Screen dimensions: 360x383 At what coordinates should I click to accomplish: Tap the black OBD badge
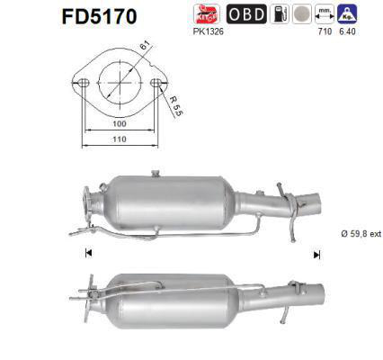[246, 13]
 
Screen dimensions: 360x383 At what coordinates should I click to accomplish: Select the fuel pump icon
[281, 13]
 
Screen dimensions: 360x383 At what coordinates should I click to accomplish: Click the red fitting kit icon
[207, 13]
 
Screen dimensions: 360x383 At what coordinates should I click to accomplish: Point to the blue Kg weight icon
[346, 13]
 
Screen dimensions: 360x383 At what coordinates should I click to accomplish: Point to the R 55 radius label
[178, 111]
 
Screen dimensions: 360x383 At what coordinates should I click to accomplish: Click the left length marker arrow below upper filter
[87, 255]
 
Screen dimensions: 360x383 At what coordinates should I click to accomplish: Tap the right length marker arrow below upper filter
[316, 255]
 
